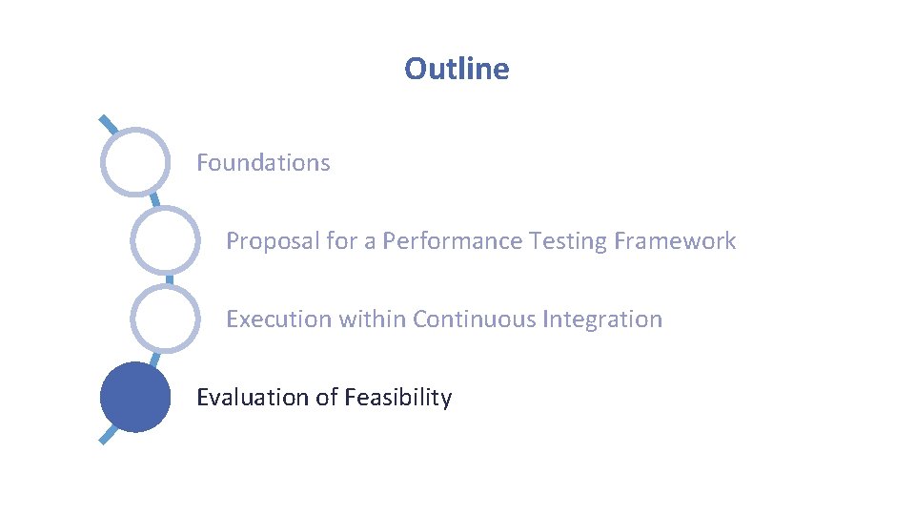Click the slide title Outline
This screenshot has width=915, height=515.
click(x=457, y=69)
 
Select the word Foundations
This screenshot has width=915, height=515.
click(x=263, y=163)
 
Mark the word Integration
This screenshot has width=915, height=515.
click(x=601, y=319)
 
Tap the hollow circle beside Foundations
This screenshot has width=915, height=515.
click(x=136, y=162)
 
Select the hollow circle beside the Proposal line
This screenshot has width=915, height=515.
click(x=166, y=240)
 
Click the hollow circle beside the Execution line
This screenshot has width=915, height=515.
click(x=166, y=319)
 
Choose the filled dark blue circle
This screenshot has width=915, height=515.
click(x=135, y=397)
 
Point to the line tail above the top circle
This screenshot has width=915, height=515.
click(x=109, y=124)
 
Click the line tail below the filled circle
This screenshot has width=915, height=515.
click(x=110, y=435)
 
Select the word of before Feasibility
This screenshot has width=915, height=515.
click(x=327, y=398)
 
